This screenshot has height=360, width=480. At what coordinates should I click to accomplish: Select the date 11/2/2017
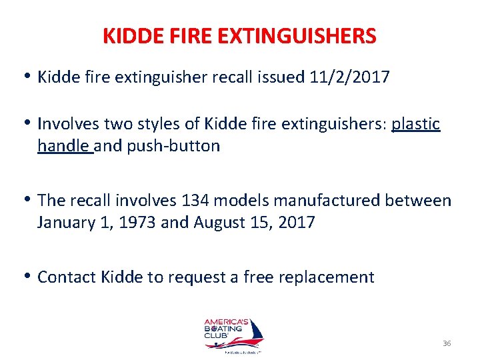350,77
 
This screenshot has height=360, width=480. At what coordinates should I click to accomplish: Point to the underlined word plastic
416,124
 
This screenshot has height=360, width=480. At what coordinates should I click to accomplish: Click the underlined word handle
64,146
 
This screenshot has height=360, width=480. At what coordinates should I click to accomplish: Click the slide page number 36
446,343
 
